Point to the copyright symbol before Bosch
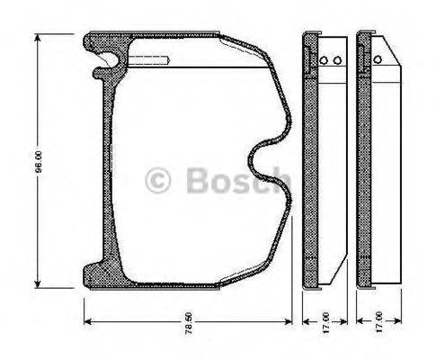[x=158, y=180]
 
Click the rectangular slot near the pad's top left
[x=149, y=60]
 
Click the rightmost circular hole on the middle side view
[x=337, y=61]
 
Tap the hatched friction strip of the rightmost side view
[x=364, y=162]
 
